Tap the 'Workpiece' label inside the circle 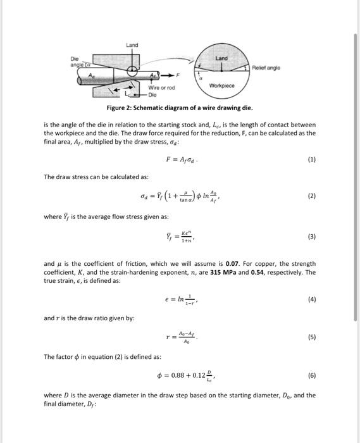tap(221, 84)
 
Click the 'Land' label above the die tap(132, 45)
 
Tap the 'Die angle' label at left tap(78, 61)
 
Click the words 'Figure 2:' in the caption tap(120, 108)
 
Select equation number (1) tap(311, 161)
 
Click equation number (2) tap(311, 196)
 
